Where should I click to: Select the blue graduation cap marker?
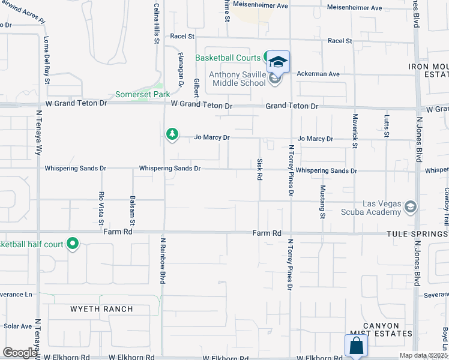click(278, 61)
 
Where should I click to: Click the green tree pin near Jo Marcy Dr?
click(172, 133)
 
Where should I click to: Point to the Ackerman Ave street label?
click(318, 74)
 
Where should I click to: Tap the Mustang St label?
click(322, 201)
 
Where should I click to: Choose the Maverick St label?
click(355, 131)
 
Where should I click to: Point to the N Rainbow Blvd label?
click(162, 260)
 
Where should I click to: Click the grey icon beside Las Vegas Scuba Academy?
click(411, 208)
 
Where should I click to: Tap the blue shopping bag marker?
click(355, 345)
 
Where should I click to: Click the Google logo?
click(20, 353)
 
